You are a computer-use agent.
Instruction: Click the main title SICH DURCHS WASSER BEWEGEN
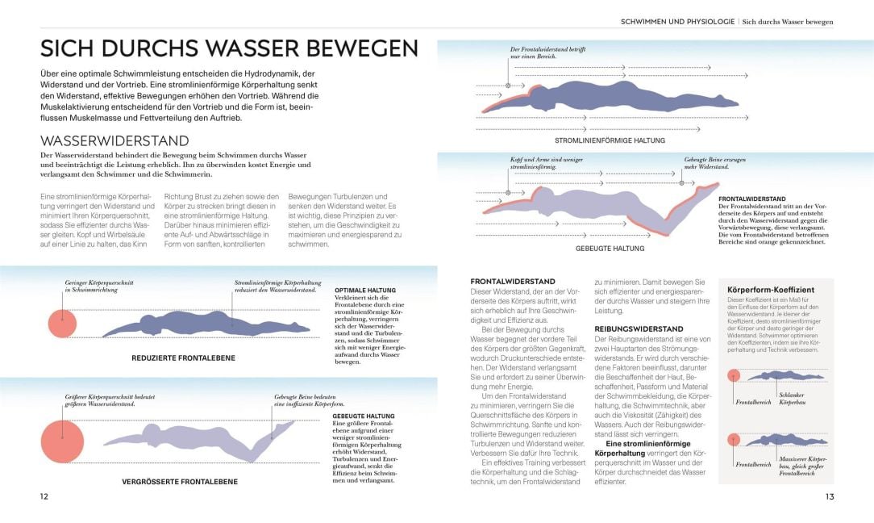point(230,48)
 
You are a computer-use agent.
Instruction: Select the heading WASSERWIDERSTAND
point(114,140)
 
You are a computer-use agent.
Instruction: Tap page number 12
point(44,496)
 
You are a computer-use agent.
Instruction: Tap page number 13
point(829,496)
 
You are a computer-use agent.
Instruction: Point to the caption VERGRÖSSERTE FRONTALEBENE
point(180,482)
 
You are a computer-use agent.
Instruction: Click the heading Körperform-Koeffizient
point(770,289)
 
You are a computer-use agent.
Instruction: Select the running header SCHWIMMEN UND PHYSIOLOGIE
point(676,21)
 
